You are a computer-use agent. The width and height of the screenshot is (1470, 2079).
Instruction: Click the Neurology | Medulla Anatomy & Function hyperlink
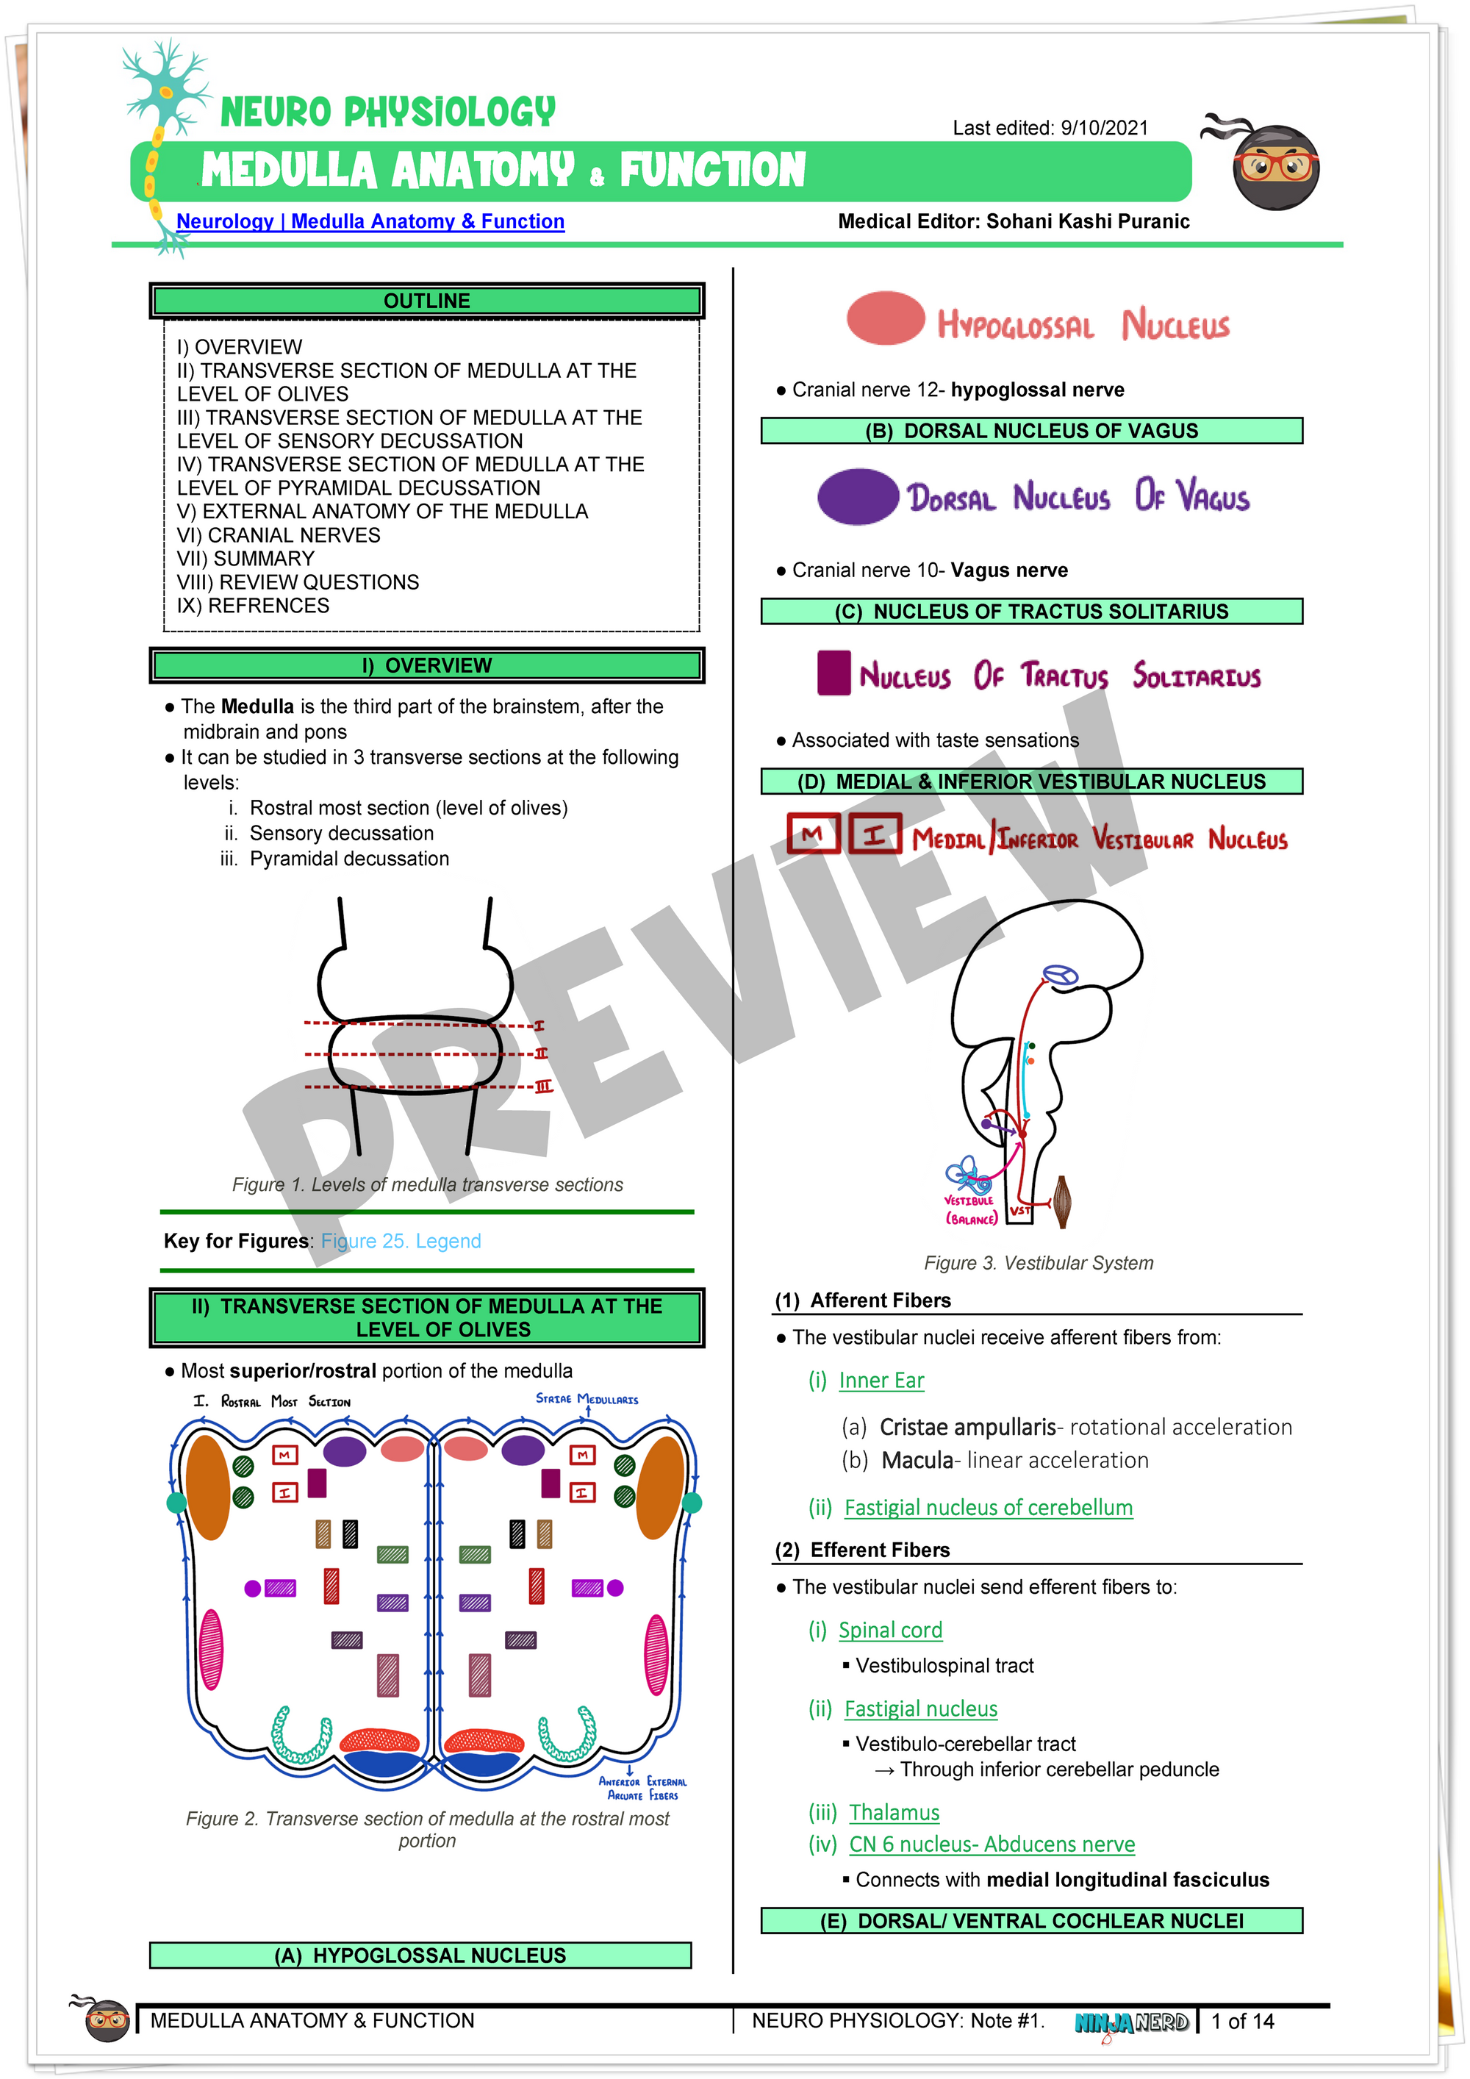[370, 222]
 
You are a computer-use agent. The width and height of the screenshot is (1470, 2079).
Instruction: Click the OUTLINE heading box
[426, 301]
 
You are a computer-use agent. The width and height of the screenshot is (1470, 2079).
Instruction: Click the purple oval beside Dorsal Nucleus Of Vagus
[857, 496]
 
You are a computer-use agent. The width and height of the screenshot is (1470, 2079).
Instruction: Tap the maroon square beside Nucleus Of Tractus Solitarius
[833, 673]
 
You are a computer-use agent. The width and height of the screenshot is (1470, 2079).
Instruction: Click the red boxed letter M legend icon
[813, 834]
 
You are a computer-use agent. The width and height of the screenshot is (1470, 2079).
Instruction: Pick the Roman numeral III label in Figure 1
[543, 1087]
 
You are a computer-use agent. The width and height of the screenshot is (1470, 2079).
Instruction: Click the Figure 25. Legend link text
[401, 1240]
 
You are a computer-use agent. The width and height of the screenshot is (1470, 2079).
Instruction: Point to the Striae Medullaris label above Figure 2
[587, 1399]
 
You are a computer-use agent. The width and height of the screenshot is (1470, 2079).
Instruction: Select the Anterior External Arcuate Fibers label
[642, 1789]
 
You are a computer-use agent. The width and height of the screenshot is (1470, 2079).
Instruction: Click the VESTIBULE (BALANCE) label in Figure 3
[970, 1211]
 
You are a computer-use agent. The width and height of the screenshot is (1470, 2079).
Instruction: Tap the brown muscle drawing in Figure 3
[1063, 1201]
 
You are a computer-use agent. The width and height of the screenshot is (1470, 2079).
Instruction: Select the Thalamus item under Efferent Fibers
[894, 1813]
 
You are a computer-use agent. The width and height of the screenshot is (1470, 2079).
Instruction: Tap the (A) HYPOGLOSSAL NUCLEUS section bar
[420, 1955]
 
